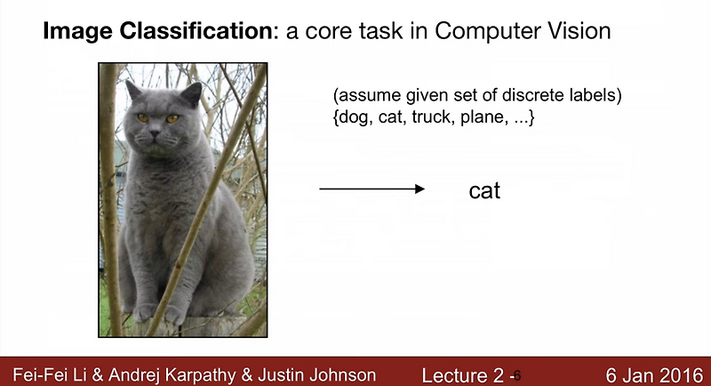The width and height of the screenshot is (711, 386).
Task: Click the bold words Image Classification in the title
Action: point(158,33)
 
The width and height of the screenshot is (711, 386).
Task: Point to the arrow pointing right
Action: point(371,189)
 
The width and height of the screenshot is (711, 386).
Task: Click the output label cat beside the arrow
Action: point(484,189)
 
